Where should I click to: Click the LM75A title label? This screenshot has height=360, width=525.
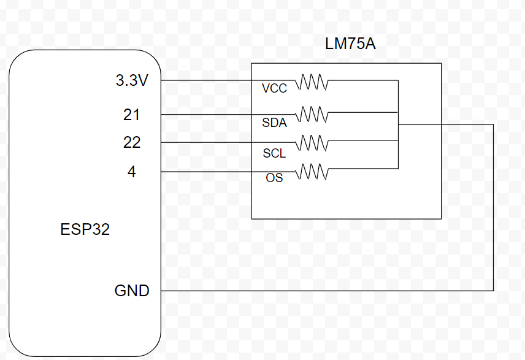pos(350,44)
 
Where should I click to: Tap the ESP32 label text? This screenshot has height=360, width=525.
pos(85,230)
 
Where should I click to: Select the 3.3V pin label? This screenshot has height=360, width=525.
pos(132,81)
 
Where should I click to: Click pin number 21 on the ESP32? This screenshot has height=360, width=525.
pos(132,115)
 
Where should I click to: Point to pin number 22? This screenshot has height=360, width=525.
pos(132,142)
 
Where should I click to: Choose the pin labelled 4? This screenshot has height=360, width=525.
pos(132,172)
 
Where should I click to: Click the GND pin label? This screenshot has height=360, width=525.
pos(132,291)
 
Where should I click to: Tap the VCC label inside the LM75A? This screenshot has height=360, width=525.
pos(274,89)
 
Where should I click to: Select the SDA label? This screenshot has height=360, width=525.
pos(274,123)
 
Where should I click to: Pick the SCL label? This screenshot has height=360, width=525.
pos(274,153)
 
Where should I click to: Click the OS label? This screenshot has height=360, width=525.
pos(274,179)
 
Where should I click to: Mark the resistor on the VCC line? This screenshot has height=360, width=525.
pos(313,82)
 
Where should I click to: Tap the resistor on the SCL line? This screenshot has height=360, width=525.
pos(313,142)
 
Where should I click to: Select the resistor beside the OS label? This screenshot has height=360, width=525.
pos(313,172)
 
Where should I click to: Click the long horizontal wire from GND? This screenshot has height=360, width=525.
pos(325,290)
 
